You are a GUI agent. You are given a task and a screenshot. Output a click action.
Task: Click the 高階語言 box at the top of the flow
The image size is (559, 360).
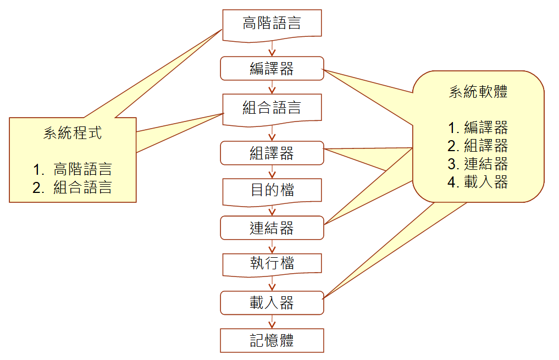click(272, 25)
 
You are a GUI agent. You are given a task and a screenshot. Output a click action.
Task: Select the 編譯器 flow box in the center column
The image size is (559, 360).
click(272, 68)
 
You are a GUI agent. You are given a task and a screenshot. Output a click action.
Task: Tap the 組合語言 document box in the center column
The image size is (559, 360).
click(272, 107)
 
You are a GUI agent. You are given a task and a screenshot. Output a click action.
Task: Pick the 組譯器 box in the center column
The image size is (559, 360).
click(272, 153)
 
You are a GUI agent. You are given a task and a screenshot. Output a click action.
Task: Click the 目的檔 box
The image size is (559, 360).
click(272, 191)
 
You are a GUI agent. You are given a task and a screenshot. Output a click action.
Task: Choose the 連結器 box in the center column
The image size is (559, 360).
click(272, 228)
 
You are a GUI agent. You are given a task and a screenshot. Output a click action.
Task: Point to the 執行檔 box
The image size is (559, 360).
click(272, 264)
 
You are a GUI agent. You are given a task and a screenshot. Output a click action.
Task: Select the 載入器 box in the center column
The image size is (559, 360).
click(272, 303)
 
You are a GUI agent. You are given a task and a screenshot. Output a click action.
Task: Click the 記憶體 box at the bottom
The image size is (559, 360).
click(272, 340)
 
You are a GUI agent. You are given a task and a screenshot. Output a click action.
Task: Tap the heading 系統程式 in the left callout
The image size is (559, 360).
click(73, 133)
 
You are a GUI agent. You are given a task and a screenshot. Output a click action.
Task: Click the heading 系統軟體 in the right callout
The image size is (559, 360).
click(478, 92)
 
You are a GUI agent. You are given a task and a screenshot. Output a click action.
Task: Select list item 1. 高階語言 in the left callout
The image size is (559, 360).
click(72, 169)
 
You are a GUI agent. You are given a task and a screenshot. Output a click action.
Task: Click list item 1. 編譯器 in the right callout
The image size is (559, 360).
click(478, 128)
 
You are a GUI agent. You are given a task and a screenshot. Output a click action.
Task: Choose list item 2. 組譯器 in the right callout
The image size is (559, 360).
click(478, 146)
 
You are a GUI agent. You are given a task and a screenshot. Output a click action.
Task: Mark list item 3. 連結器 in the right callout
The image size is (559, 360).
click(478, 164)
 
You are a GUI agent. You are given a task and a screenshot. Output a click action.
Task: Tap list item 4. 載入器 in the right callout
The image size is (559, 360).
click(478, 182)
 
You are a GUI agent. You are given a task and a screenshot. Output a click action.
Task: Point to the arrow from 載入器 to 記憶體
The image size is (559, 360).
click(272, 322)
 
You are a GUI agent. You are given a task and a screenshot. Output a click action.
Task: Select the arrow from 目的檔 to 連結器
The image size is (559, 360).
click(272, 211)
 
